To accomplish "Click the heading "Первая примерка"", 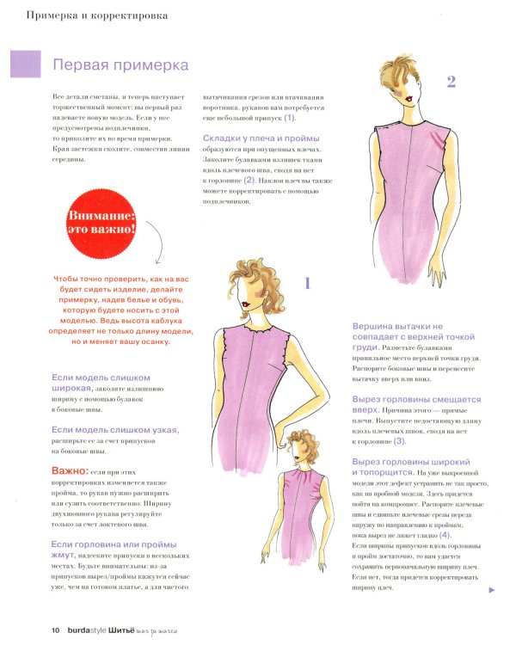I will click(x=121, y=65).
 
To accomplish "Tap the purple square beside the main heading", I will click(x=25, y=64).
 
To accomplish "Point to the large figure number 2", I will click(x=451, y=83).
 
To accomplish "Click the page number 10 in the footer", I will click(x=55, y=630).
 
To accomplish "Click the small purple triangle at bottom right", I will click(x=491, y=590).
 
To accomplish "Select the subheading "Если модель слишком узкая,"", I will click(x=115, y=429).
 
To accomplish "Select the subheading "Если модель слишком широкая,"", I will click(x=101, y=383).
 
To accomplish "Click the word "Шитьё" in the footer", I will click(x=144, y=630).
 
